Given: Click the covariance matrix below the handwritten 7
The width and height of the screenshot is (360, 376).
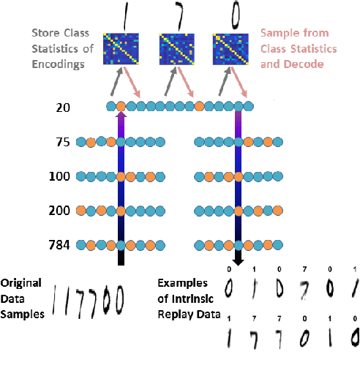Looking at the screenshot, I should pos(176,50).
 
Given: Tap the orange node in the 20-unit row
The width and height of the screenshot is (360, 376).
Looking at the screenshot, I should pos(121,108).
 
